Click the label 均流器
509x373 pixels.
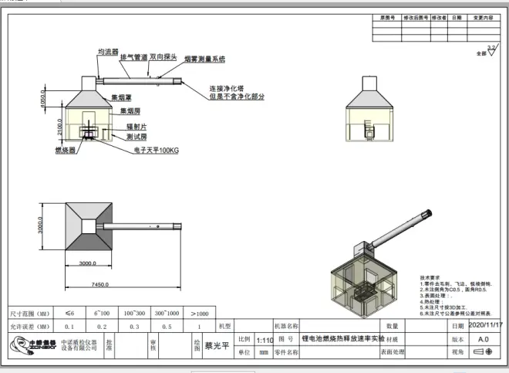(107, 51)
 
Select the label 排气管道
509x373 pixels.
(134, 56)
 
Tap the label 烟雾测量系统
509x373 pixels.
(204, 59)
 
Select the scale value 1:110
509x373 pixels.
(264, 339)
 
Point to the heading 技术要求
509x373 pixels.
(429, 276)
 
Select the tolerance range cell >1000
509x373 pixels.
(199, 314)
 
